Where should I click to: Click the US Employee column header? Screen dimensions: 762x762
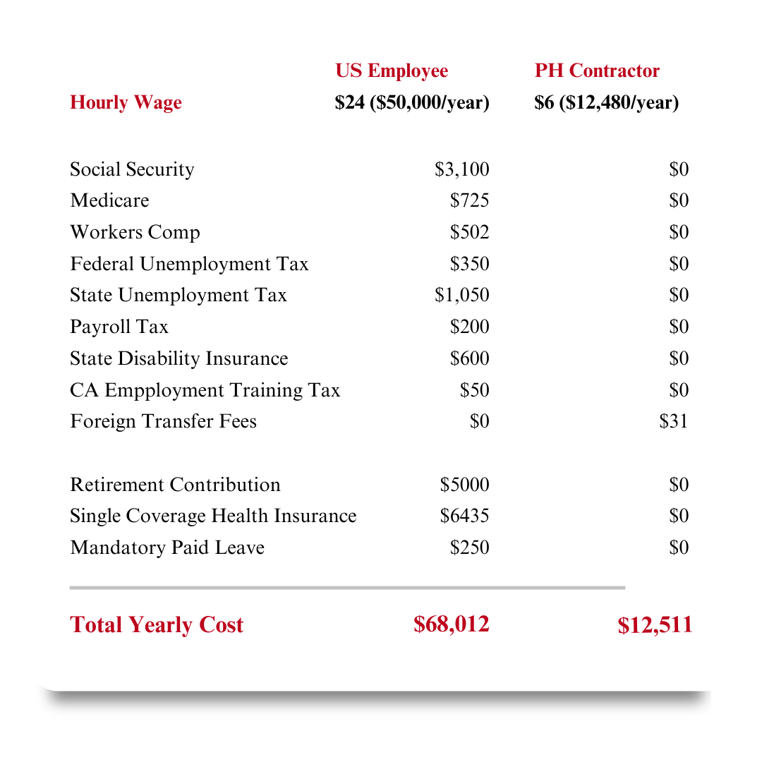pos(392,71)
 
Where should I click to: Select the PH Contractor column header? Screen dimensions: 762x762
pos(597,71)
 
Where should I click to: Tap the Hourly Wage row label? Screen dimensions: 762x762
pos(126,103)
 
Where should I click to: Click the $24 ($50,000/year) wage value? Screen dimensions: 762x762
pos(412,103)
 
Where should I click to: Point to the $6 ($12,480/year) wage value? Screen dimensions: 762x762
pos(606,103)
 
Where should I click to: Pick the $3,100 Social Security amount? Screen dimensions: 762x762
pos(461,169)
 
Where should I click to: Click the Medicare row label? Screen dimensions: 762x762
pos(109,200)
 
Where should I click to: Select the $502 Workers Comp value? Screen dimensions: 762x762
pos(469,232)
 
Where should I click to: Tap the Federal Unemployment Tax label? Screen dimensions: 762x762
pos(189,264)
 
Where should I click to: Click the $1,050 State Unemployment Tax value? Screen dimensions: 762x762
pos(461,295)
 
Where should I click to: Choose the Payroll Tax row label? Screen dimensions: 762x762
pos(119,327)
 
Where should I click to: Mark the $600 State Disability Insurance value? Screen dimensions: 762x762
pos(469,358)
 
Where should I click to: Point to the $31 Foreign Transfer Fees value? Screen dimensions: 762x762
pos(673,421)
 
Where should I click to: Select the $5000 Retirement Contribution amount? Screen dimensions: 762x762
pos(464,485)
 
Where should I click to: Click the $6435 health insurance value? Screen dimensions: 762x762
pos(464,516)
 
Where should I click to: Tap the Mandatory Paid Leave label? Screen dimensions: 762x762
pos(167,548)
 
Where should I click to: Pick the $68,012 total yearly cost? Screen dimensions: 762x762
pos(451,624)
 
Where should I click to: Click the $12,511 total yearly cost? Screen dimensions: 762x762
pos(655,625)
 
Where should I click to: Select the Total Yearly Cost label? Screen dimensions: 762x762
pos(157,625)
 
